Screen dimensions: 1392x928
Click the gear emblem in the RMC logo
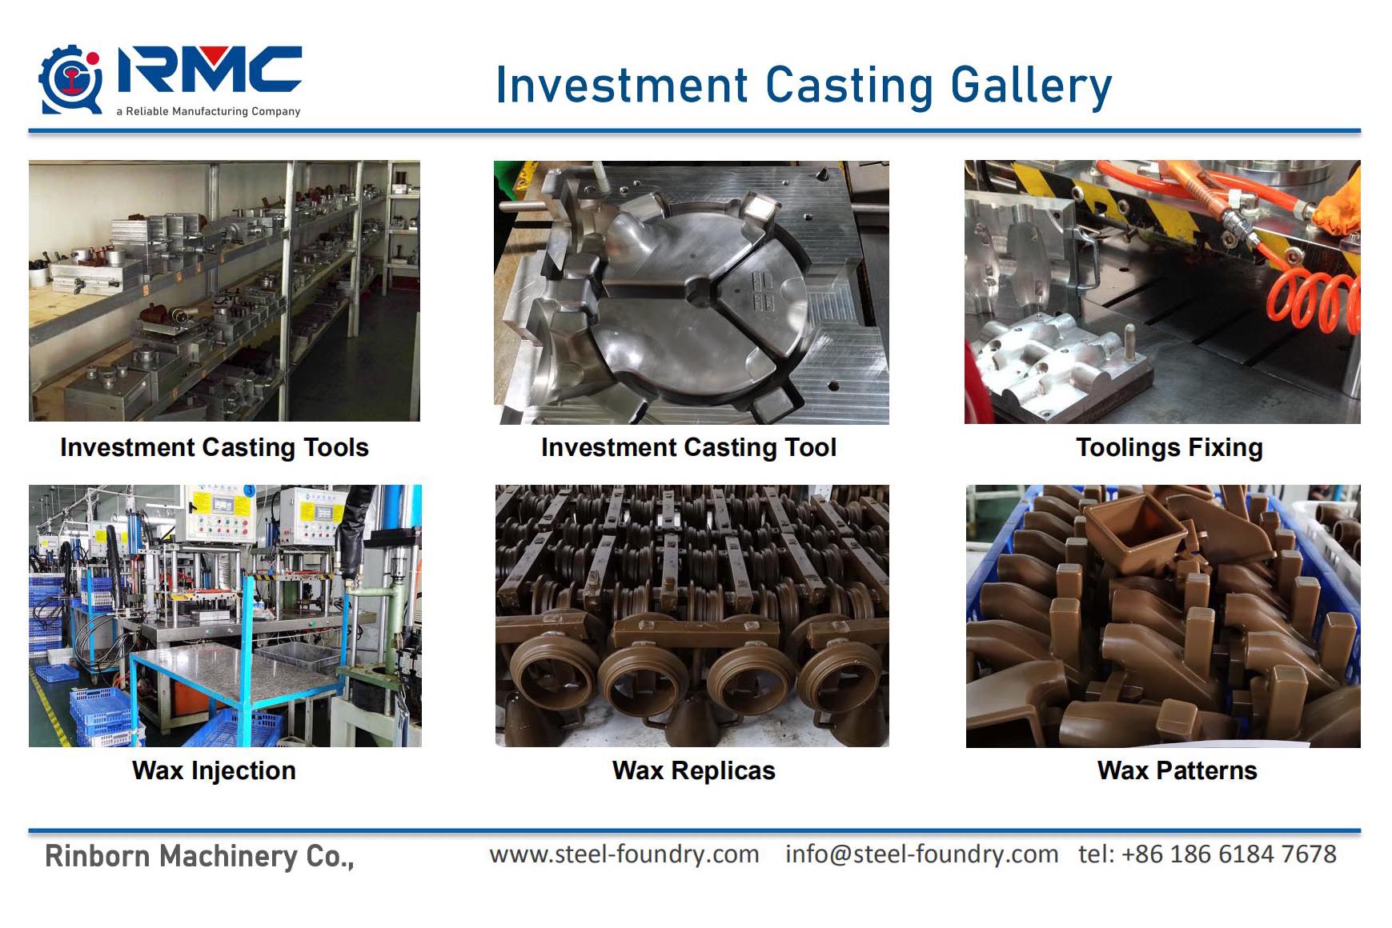coord(71,79)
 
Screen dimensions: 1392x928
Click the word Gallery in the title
coord(1031,86)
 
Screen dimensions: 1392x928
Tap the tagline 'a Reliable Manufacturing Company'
coord(208,111)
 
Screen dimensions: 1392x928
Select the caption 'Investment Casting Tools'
coord(215,447)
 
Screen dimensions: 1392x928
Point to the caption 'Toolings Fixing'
coord(1169,447)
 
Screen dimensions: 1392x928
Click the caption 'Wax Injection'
coord(214,770)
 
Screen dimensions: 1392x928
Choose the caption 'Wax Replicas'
coord(693,770)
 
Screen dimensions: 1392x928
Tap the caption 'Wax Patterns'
coord(1177,770)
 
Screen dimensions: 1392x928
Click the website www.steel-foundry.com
coord(624,854)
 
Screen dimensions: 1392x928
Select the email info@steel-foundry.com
coord(921,854)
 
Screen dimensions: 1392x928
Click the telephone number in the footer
coord(1207,854)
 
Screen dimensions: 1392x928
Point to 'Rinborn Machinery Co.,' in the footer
coord(199,857)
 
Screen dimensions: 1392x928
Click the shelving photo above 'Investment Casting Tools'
coord(224,291)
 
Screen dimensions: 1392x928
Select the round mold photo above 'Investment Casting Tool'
coord(691,293)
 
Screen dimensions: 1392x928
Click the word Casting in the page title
coord(849,86)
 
